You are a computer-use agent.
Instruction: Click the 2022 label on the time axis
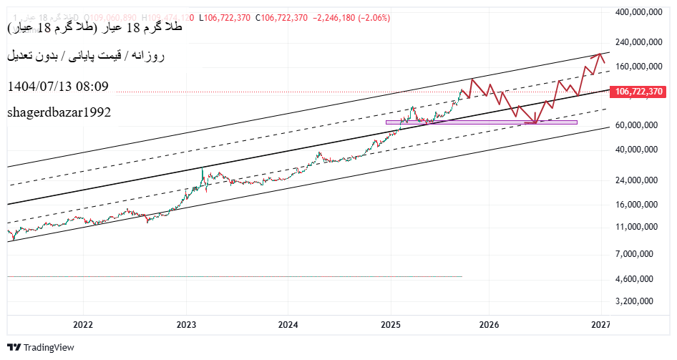pyautogui.click(x=83, y=325)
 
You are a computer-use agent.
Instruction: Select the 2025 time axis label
pyautogui.click(x=391, y=325)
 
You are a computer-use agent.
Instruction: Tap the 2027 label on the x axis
pyautogui.click(x=600, y=325)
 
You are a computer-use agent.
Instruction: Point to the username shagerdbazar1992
pyautogui.click(x=59, y=112)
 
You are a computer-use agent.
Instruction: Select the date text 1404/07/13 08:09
pyautogui.click(x=58, y=87)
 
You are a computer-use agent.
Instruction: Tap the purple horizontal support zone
pyautogui.click(x=481, y=122)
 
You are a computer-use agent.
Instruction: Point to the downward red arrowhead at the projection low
pyautogui.click(x=535, y=121)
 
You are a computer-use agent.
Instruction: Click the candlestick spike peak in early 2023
pyautogui.click(x=203, y=169)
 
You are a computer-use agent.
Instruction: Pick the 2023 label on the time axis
pyautogui.click(x=186, y=325)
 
